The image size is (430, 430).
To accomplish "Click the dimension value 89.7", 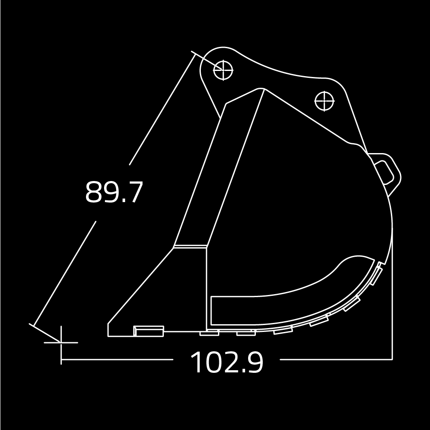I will [114, 192].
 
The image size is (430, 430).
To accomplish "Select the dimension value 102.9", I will [227, 362].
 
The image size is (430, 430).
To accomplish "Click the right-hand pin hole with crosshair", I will [324, 101].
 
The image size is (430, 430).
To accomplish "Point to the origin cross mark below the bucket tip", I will [61, 342].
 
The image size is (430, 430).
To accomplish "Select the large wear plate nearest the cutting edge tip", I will [149, 331].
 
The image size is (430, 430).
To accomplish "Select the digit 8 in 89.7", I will [93, 192].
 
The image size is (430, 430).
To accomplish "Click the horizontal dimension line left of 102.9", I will [116, 359].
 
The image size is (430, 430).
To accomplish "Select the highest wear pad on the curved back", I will [377, 274].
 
